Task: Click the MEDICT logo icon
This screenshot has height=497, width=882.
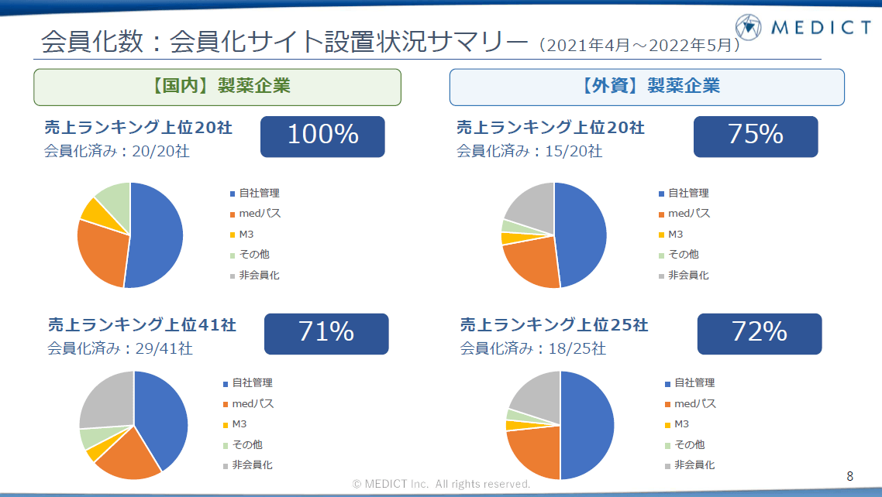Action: (x=749, y=27)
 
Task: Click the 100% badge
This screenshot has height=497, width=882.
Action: (x=322, y=135)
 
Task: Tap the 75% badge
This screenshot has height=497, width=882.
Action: (x=756, y=135)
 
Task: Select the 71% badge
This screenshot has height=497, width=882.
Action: (x=326, y=333)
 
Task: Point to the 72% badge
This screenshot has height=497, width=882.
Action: (x=760, y=333)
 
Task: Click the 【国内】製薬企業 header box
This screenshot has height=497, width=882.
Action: (x=217, y=87)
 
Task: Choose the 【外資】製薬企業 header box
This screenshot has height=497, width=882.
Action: (x=646, y=87)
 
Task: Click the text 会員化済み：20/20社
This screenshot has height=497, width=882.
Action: (x=117, y=151)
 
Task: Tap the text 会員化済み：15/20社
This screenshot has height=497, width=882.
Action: (x=529, y=151)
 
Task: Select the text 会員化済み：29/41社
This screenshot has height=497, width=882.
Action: (x=120, y=348)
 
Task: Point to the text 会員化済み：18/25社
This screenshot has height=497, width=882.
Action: (x=533, y=348)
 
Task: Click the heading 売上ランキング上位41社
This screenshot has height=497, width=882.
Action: (x=142, y=324)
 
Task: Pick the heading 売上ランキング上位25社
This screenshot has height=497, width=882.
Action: (x=554, y=324)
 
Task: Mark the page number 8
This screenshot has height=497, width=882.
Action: (x=850, y=475)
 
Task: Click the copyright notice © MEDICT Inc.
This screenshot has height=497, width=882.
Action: (x=441, y=484)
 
